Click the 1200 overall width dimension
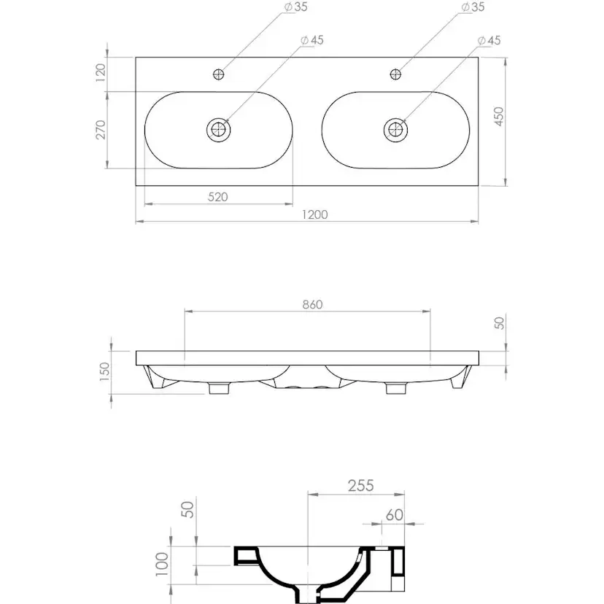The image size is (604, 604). click(314, 214)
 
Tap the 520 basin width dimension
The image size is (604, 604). click(218, 197)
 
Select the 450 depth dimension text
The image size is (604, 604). click(499, 116)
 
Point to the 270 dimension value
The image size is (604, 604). click(101, 130)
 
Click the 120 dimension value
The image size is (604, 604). click(101, 72)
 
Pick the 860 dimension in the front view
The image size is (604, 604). click(312, 304)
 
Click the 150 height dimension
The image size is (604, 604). click(105, 372)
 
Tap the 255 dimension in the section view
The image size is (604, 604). click(361, 485)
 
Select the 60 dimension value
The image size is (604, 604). click(395, 514)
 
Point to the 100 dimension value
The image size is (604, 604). click(162, 565)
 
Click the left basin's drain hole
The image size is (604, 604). click(218, 129)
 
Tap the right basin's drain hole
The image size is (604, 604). click(395, 129)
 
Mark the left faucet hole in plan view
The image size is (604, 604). click(218, 74)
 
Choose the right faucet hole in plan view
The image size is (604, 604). click(395, 74)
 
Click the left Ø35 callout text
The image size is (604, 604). click(296, 7)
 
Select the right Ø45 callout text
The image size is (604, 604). click(489, 40)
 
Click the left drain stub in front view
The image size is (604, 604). click(219, 388)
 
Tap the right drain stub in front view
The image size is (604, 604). click(396, 388)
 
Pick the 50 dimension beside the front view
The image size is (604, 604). click(499, 323)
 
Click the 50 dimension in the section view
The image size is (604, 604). click(188, 509)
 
